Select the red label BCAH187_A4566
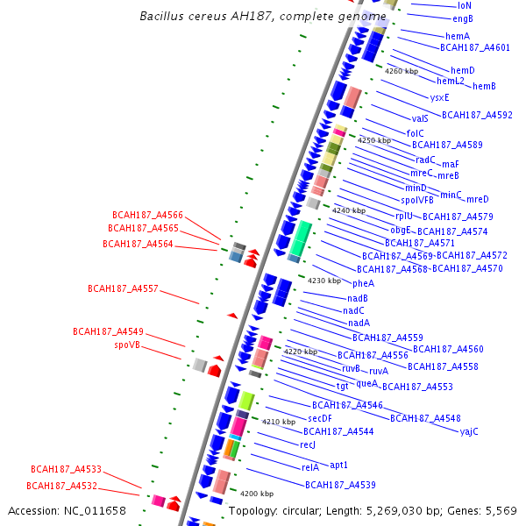pyautogui.click(x=147, y=215)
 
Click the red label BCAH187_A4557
pyautogui.click(x=123, y=288)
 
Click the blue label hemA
pyautogui.click(x=458, y=36)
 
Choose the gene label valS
pyautogui.click(x=420, y=118)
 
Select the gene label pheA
pyautogui.click(x=363, y=283)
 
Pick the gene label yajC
pyautogui.click(x=469, y=430)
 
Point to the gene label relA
pyautogui.click(x=309, y=467)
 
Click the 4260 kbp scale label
pyautogui.click(x=402, y=71)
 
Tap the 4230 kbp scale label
pyautogui.click(x=323, y=281)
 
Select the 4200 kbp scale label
pyautogui.click(x=256, y=494)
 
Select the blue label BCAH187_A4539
pyautogui.click(x=340, y=485)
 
